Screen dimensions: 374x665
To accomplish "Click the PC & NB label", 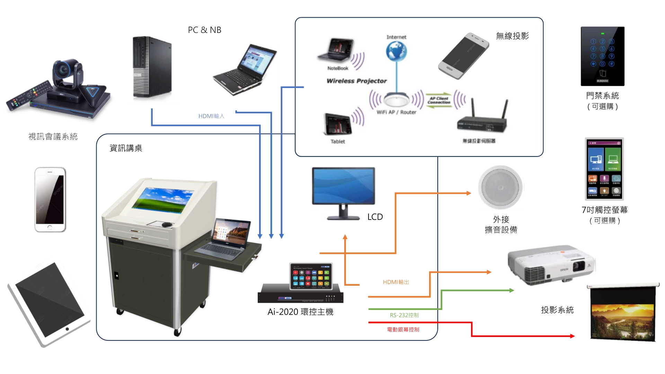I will pyautogui.click(x=204, y=30).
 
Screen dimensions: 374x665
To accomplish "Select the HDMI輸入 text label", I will pyautogui.click(x=211, y=116).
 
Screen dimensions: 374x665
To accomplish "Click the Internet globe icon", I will pyautogui.click(x=396, y=51).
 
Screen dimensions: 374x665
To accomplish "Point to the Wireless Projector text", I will pyautogui.click(x=356, y=81).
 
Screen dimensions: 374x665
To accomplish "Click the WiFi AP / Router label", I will pyautogui.click(x=396, y=112).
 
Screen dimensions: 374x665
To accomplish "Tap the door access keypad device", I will pyautogui.click(x=602, y=56).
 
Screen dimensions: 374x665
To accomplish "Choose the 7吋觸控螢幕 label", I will pyautogui.click(x=604, y=210).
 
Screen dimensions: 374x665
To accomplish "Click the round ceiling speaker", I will pyautogui.click(x=500, y=187).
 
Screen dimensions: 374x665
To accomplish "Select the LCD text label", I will pyautogui.click(x=375, y=217).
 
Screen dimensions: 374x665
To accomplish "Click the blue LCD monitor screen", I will pyautogui.click(x=343, y=186).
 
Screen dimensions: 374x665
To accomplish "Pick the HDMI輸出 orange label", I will pyautogui.click(x=396, y=282).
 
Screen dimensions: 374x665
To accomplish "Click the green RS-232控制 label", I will pyautogui.click(x=404, y=315).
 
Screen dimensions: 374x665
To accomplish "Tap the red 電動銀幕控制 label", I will pyautogui.click(x=403, y=330).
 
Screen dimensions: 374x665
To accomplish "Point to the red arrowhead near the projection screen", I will pyautogui.click(x=572, y=336).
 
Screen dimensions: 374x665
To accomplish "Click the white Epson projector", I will pyautogui.click(x=551, y=265).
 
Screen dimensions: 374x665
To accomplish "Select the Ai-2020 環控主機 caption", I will pyautogui.click(x=300, y=312).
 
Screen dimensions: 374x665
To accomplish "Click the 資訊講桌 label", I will pyautogui.click(x=126, y=148).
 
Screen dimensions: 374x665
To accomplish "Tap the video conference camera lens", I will pyautogui.click(x=64, y=71).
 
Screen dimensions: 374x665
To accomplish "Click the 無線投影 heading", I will pyautogui.click(x=512, y=36).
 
